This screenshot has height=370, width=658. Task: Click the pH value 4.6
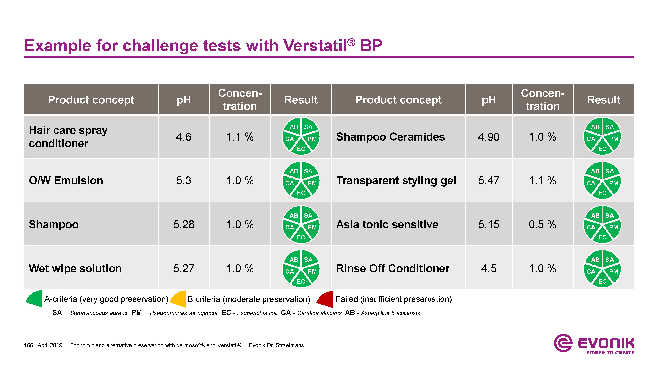click(184, 137)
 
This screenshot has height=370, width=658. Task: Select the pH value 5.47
click(489, 180)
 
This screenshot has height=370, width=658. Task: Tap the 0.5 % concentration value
click(542, 224)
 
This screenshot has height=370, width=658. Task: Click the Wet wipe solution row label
click(75, 268)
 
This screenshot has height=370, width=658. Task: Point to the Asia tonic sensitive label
click(387, 224)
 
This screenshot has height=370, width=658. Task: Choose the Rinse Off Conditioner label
click(393, 268)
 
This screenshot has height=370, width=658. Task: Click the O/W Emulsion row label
click(66, 180)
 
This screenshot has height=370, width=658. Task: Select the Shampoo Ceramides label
click(391, 137)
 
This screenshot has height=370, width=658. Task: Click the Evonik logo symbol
click(563, 343)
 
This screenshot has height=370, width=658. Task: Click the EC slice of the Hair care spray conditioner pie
click(301, 148)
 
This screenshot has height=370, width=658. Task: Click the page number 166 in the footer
click(28, 345)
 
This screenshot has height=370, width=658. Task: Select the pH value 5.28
click(184, 224)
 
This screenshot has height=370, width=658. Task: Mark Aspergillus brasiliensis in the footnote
click(390, 313)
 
